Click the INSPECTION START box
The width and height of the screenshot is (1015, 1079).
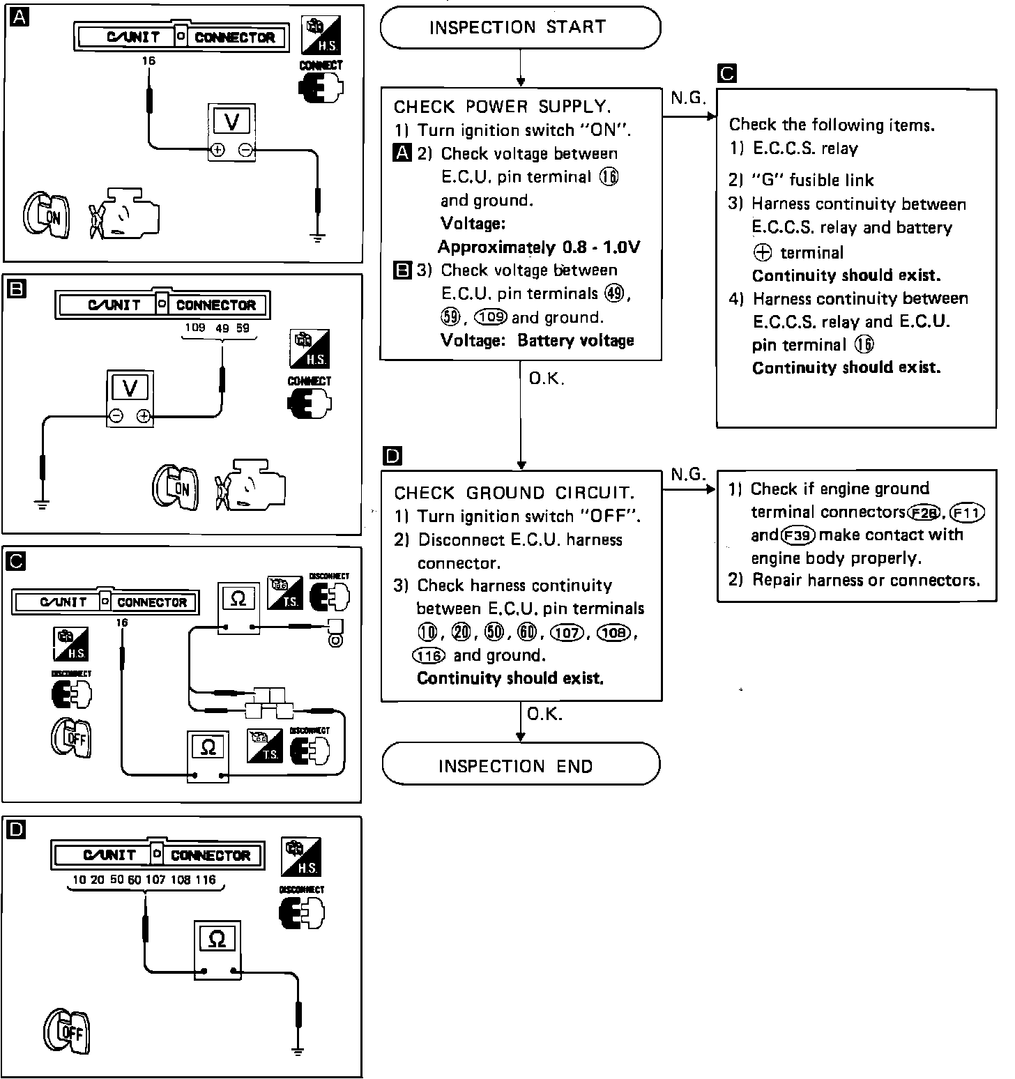click(x=519, y=28)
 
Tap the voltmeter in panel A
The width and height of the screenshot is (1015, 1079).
click(x=232, y=132)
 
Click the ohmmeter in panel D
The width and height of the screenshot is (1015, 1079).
click(x=217, y=949)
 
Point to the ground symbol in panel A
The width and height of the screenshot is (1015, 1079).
click(x=319, y=238)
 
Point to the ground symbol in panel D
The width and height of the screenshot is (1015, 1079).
click(x=298, y=1050)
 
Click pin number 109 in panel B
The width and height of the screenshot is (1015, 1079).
click(x=195, y=328)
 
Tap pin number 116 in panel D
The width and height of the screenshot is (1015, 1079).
click(x=206, y=880)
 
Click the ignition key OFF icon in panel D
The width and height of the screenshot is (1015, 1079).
click(x=68, y=1032)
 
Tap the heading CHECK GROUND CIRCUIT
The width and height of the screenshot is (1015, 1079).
click(x=514, y=493)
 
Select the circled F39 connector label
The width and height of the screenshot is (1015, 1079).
click(x=797, y=535)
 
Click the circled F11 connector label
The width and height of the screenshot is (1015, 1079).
click(x=967, y=513)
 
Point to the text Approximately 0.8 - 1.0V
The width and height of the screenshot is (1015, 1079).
click(x=539, y=247)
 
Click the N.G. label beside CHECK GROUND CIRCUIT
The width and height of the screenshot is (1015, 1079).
click(x=688, y=475)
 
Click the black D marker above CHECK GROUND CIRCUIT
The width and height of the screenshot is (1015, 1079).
click(x=392, y=457)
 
